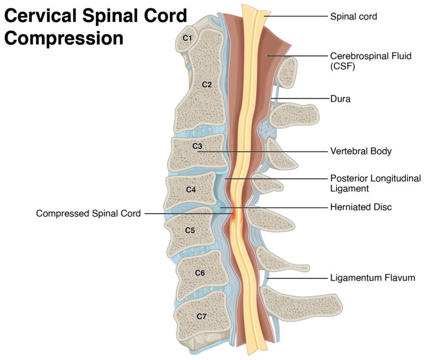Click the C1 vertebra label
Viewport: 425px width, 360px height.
187,38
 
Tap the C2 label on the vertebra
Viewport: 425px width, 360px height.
206,85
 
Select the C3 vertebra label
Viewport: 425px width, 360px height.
197,147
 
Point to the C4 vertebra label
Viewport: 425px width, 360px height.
190,190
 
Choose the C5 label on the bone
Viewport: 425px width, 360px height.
189,230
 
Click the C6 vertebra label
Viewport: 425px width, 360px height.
200,273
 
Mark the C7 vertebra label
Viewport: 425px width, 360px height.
201,316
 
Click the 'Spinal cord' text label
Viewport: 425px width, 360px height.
353,17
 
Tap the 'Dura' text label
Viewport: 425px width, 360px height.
340,99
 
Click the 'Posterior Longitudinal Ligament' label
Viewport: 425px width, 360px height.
375,184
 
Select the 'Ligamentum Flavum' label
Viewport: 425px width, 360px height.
372,278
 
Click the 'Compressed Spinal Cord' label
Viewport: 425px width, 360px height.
88,213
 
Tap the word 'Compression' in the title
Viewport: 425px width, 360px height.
64,39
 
